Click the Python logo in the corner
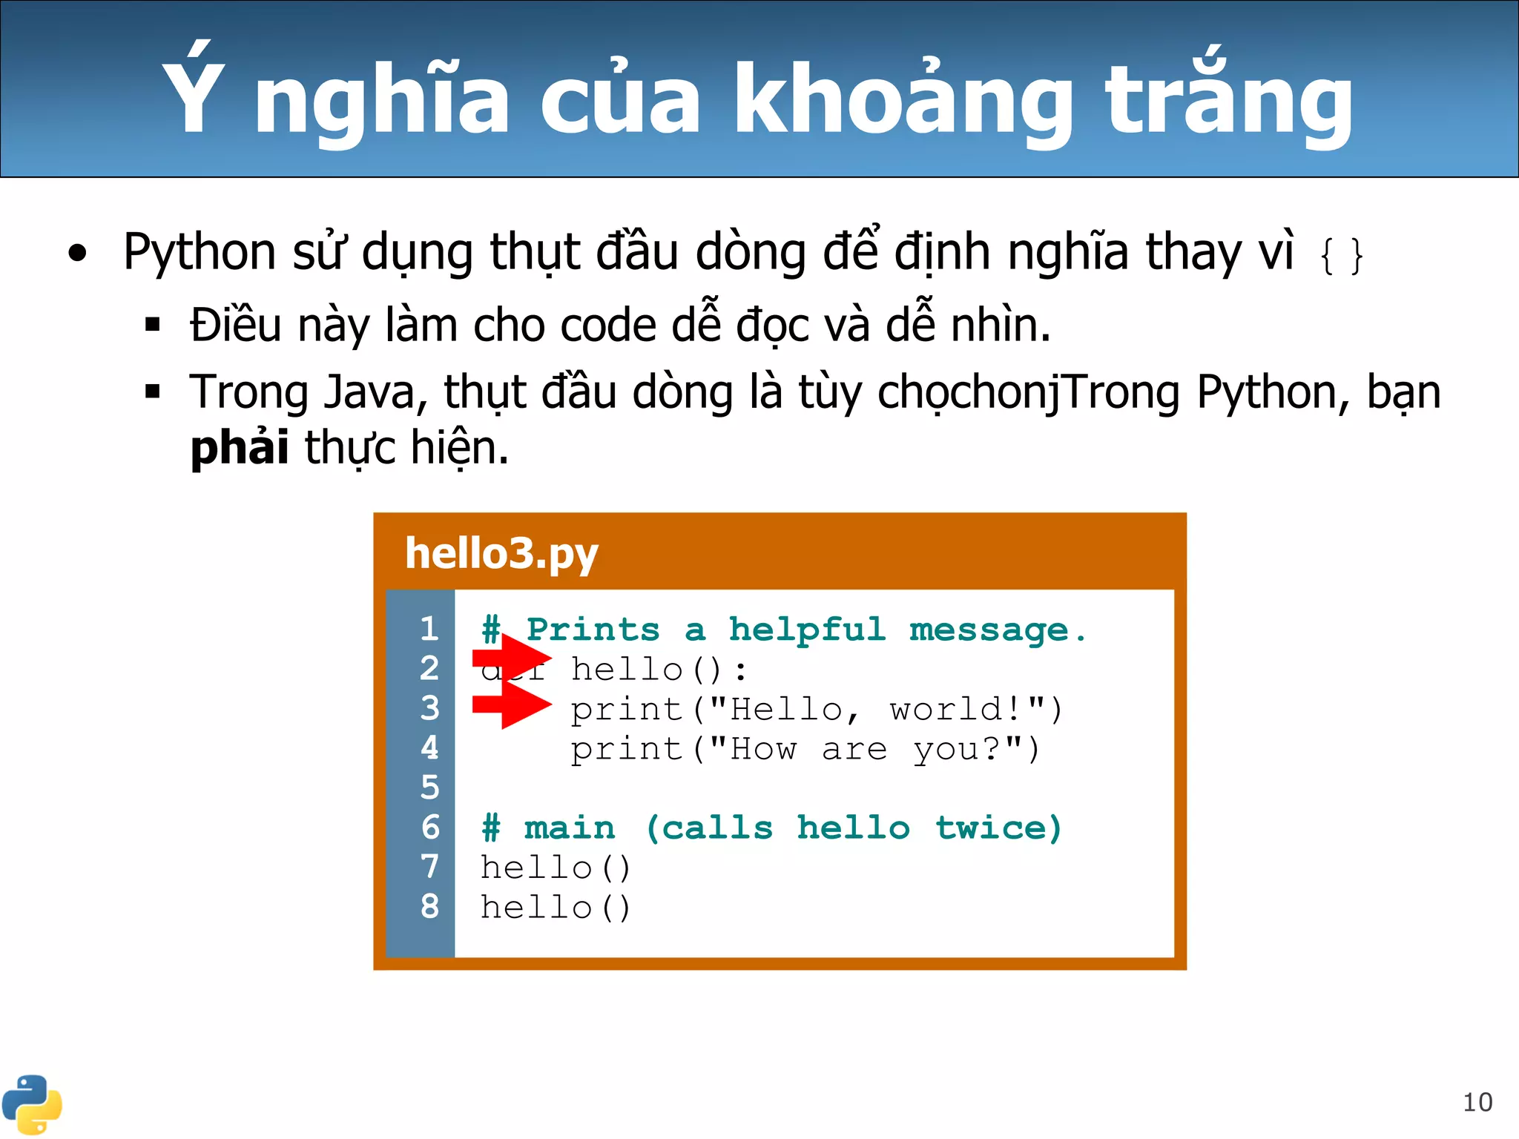(x=31, y=1103)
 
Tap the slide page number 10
(x=1477, y=1102)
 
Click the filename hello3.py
(x=501, y=553)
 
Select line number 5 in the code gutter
(x=429, y=788)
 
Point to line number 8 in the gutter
(x=429, y=906)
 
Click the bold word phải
(x=239, y=447)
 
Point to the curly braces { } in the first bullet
(x=1341, y=256)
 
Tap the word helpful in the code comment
(x=807, y=630)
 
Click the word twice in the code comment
(x=998, y=828)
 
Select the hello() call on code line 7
(x=556, y=868)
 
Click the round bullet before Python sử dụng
(x=77, y=254)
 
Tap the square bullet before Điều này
(x=153, y=324)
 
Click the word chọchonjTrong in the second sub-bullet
(x=1028, y=392)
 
